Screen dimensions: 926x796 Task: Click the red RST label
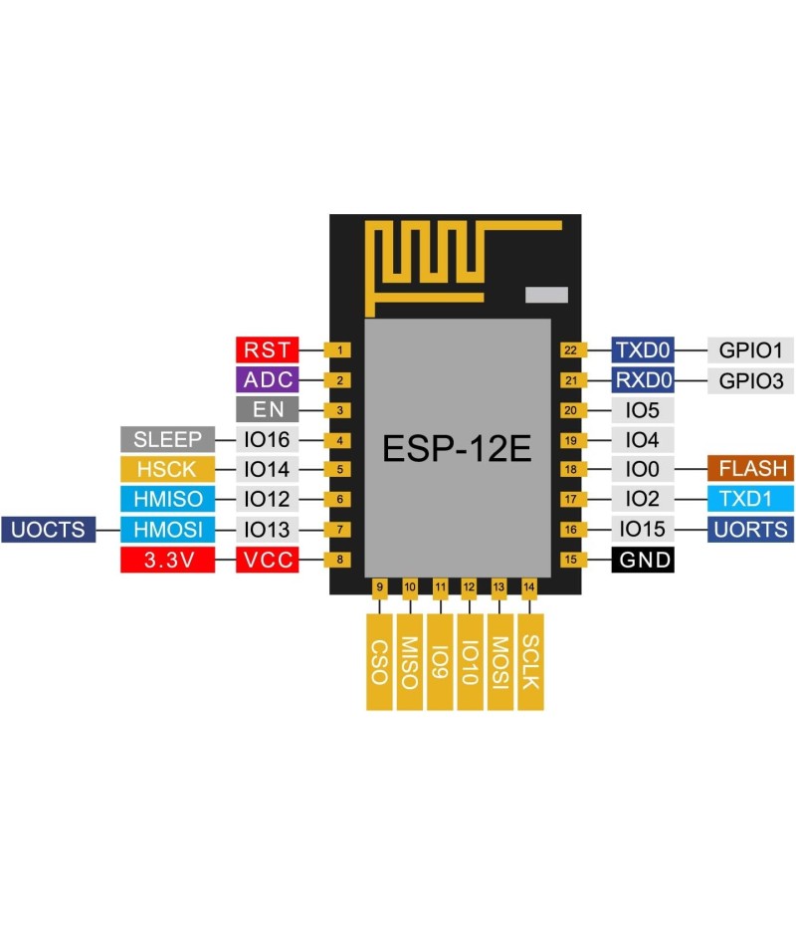[267, 349]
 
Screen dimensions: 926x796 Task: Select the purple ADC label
[267, 379]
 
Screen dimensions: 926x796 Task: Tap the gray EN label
[267, 409]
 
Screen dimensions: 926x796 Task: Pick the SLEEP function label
[167, 439]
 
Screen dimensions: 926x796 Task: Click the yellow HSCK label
[167, 469]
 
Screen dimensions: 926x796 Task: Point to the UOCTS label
[49, 530]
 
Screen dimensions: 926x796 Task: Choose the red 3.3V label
[167, 560]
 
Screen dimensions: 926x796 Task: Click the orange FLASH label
[751, 469]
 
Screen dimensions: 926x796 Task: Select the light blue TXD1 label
[751, 499]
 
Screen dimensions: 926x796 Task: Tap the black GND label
[644, 560]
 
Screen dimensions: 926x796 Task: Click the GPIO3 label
[751, 379]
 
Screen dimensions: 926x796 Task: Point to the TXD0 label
[643, 349]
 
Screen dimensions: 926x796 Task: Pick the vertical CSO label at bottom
[378, 661]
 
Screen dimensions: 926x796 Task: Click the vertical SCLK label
[530, 661]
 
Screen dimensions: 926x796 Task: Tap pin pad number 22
[570, 349]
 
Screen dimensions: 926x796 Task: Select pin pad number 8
[340, 560]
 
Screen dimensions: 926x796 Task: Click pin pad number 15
[570, 560]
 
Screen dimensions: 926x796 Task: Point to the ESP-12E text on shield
[457, 449]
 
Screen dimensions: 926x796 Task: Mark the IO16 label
[267, 439]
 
